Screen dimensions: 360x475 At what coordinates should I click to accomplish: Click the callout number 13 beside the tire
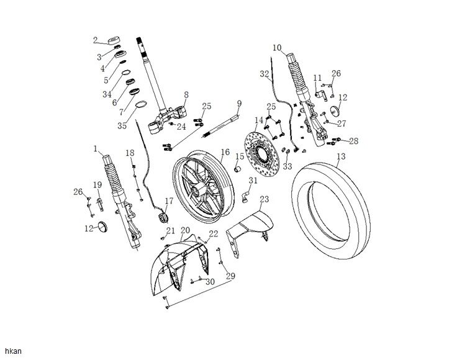pyautogui.click(x=340, y=158)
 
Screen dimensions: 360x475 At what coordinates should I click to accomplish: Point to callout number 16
pyautogui.click(x=224, y=151)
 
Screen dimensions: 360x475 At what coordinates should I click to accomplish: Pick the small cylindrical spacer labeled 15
pyautogui.click(x=238, y=169)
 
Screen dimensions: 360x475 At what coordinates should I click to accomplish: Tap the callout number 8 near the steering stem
pyautogui.click(x=185, y=94)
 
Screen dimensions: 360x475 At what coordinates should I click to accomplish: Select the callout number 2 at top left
pyautogui.click(x=96, y=41)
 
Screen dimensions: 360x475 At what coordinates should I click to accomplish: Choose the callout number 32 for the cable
pyautogui.click(x=265, y=74)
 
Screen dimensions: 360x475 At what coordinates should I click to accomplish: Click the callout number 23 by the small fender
pyautogui.click(x=264, y=199)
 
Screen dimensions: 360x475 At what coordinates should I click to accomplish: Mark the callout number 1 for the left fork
pyautogui.click(x=96, y=149)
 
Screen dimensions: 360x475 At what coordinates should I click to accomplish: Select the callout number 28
pyautogui.click(x=353, y=141)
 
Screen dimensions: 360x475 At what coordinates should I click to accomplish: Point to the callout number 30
pyautogui.click(x=210, y=282)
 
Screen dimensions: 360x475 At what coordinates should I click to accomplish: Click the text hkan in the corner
pyautogui.click(x=12, y=351)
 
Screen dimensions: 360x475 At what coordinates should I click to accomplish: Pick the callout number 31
pyautogui.click(x=253, y=181)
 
